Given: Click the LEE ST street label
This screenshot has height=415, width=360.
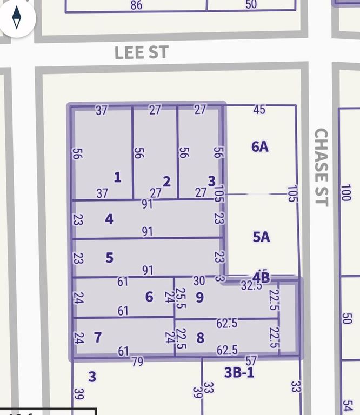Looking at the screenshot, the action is point(142,53).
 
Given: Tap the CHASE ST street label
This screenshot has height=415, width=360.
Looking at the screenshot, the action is point(321,167).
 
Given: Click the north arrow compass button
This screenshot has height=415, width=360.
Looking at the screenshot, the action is point(17,17).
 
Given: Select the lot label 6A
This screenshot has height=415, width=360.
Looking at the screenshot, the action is point(260,146).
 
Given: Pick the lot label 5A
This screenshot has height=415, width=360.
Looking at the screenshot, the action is point(261,237).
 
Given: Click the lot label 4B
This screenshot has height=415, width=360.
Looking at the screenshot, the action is point(261,278).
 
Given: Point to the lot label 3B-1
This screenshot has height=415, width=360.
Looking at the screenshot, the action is point(239,372).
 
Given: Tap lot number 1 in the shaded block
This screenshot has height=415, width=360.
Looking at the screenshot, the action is point(117,177).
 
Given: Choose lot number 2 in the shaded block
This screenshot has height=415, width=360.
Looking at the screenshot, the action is point(166,181).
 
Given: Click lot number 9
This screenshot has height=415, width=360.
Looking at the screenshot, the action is point(199,297).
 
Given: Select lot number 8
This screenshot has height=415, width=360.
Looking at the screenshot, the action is point(200,338).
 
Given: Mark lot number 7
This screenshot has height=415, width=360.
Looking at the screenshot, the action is point(97,338).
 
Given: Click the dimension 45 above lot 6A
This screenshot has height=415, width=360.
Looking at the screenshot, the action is point(259,110).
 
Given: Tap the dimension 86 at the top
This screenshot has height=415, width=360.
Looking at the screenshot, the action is point(136,5).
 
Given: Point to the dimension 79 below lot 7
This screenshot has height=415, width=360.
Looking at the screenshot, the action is point(137,361).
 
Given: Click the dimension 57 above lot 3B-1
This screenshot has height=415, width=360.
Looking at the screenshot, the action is point(251,360).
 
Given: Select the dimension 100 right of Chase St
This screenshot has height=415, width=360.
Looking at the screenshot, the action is point(345,192).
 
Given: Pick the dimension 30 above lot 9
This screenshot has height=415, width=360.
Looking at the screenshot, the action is point(199,280).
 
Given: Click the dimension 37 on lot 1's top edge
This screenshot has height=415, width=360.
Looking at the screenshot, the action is point(102,110).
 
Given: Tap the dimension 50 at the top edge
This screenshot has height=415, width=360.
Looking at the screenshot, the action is point(251,5).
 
